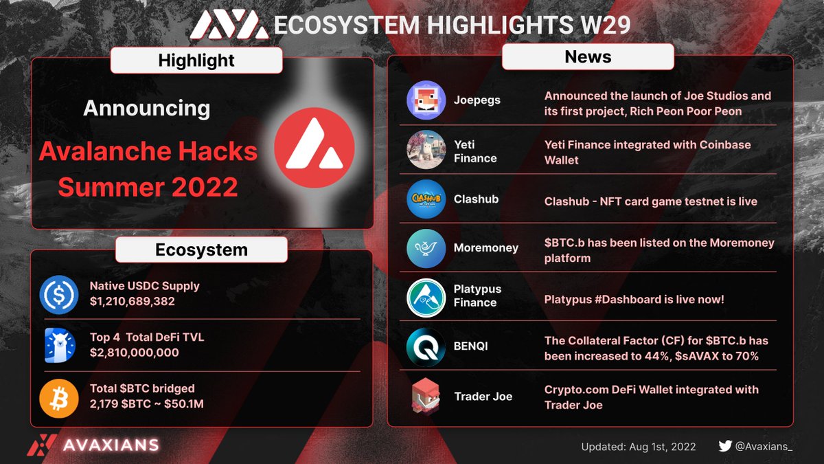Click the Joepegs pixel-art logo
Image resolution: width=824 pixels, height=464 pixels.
pyautogui.click(x=426, y=100)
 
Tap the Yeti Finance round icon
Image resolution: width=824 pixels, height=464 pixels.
pyautogui.click(x=426, y=150)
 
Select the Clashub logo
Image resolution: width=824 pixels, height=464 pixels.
pyautogui.click(x=426, y=199)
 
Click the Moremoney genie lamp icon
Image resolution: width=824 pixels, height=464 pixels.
pyautogui.click(x=426, y=247)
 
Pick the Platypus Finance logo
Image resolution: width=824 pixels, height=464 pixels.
pyautogui.click(x=426, y=296)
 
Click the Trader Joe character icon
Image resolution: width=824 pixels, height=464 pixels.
pyautogui.click(x=426, y=397)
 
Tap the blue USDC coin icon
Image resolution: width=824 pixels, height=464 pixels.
pyautogui.click(x=60, y=294)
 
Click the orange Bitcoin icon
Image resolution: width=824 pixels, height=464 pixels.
pyautogui.click(x=60, y=397)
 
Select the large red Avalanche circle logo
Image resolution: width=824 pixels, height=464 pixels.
pyautogui.click(x=314, y=148)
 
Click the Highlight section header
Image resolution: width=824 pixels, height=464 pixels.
pyautogui.click(x=196, y=60)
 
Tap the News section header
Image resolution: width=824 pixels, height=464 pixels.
pyautogui.click(x=588, y=56)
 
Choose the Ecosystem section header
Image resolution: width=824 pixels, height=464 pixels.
pyautogui.click(x=201, y=250)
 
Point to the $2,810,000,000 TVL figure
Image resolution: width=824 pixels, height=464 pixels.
pyautogui.click(x=135, y=353)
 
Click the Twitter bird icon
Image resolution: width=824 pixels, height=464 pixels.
pyautogui.click(x=725, y=446)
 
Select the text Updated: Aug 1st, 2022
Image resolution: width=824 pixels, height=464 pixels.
pyautogui.click(x=639, y=447)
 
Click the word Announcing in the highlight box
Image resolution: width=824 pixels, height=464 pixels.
pyautogui.click(x=147, y=108)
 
